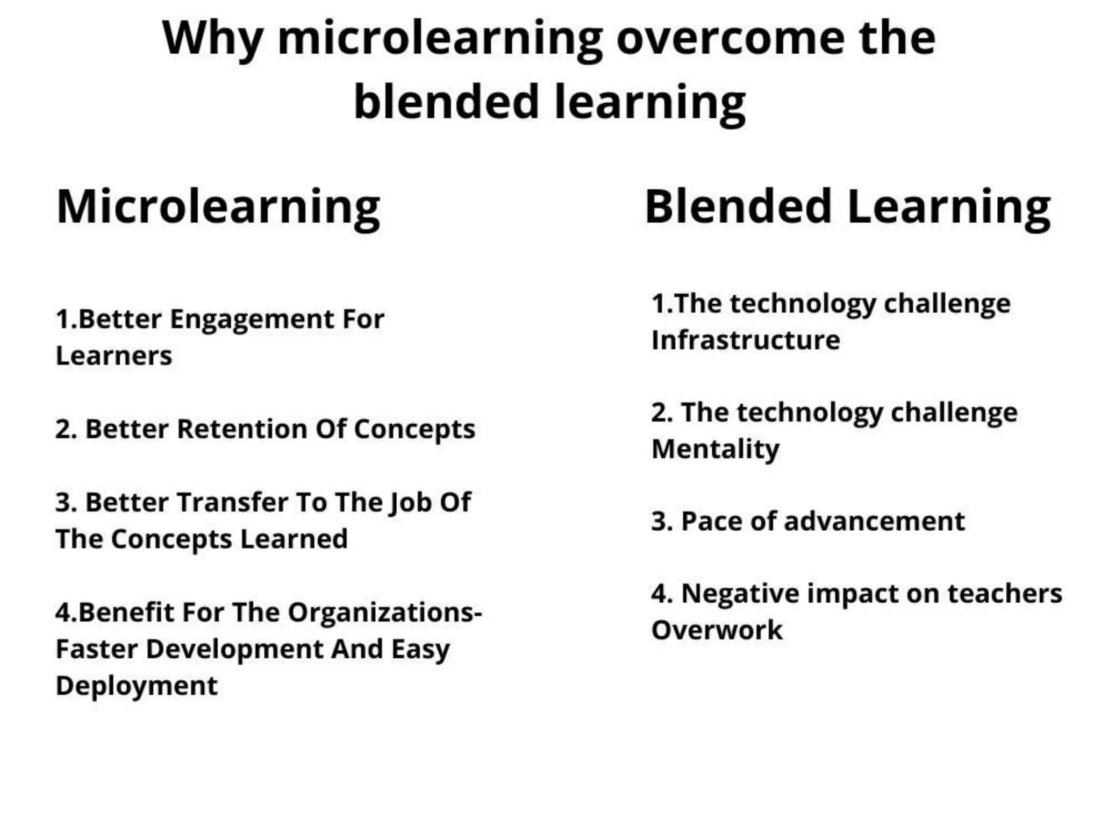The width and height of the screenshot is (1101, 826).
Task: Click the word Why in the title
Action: tap(212, 39)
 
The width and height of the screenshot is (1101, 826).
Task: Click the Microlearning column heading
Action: tap(218, 208)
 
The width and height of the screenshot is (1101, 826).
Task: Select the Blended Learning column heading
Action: tap(847, 208)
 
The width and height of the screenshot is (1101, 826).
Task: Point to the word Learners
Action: tap(114, 356)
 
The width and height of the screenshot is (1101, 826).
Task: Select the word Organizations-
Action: tap(385, 613)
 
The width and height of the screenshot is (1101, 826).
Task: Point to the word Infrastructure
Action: tap(746, 340)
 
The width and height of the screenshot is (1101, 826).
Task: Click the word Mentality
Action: tap(715, 450)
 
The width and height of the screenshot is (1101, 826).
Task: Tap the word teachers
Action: tap(1004, 594)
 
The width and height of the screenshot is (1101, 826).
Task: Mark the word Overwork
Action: tap(717, 630)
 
